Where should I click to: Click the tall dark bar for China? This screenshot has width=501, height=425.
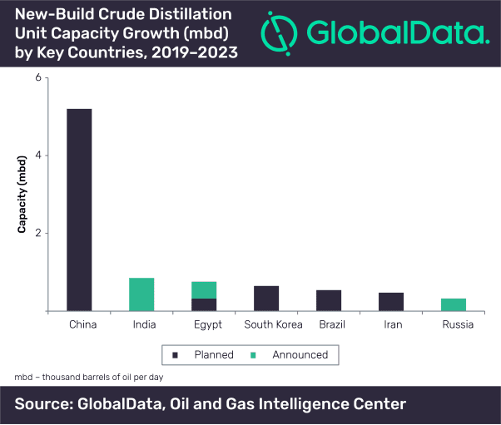point(79,210)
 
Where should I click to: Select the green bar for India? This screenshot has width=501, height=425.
point(141,294)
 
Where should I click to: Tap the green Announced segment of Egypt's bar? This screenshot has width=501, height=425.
point(204,289)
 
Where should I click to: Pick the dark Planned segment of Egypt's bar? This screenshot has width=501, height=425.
point(204,304)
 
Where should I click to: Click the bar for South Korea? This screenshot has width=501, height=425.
point(266,299)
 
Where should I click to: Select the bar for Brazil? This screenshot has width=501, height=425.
point(329,300)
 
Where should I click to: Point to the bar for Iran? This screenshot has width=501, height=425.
point(391,302)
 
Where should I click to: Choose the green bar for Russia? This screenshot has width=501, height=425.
point(454,304)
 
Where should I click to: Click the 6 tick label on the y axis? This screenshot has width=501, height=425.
point(37,78)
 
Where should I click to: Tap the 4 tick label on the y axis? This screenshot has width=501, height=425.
point(37,156)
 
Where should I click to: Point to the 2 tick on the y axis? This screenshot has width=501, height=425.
point(37,234)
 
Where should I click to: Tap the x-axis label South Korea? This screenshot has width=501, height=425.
point(266,324)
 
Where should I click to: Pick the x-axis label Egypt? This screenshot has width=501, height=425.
point(204,324)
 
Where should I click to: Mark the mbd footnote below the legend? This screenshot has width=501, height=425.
point(89,378)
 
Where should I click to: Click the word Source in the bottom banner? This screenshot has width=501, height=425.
point(45,405)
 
